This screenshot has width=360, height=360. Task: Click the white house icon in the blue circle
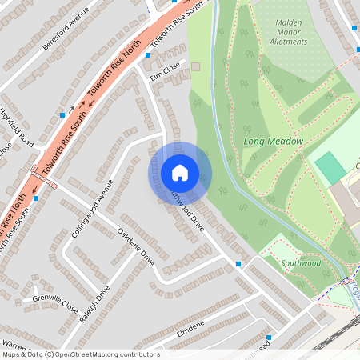[180, 172]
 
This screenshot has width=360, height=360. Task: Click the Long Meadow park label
[273, 142]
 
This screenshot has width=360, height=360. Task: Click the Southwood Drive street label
[185, 214]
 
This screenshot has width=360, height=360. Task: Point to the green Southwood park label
[301, 263]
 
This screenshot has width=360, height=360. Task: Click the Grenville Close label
[55, 305]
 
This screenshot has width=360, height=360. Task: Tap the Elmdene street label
[190, 326]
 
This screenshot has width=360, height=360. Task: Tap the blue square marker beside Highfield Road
[62, 115]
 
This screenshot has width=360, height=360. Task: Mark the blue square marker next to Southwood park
[238, 263]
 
